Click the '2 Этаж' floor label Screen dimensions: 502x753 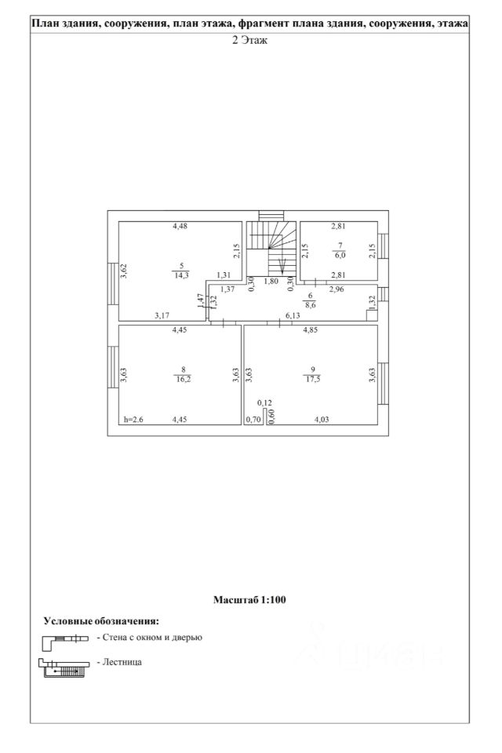coord(249,40)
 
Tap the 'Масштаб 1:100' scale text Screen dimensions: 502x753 coord(249,599)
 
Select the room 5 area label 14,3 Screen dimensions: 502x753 coord(182,275)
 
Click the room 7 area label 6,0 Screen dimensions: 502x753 coord(340,256)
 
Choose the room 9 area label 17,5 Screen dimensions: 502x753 coord(312,379)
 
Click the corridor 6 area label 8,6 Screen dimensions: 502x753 coord(311,304)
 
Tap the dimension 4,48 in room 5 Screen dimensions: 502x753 coord(180,226)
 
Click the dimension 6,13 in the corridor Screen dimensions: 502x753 coord(293,315)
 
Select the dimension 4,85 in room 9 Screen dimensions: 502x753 coord(311,330)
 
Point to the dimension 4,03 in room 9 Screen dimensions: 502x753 coord(322,419)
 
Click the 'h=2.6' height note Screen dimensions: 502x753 coord(133,419)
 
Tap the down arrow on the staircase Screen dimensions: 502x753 coord(282,264)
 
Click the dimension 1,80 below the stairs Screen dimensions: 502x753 coord(271,282)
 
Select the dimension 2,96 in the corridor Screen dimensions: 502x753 coord(336,289)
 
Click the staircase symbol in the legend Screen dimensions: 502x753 coord(64,668)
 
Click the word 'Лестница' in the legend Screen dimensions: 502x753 coord(122,662)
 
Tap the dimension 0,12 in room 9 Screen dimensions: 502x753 coord(264,403)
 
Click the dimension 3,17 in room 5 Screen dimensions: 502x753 coord(162,315)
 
